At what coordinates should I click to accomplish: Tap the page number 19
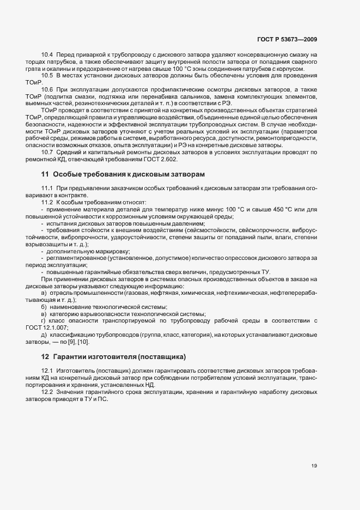pos(314,465)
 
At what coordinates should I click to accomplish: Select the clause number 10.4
pos(47,56)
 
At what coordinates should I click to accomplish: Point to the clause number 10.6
pos(47,89)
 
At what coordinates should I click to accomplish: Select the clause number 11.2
pos(47,202)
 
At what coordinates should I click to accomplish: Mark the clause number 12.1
pos(47,371)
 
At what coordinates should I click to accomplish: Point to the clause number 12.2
pos(47,392)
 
